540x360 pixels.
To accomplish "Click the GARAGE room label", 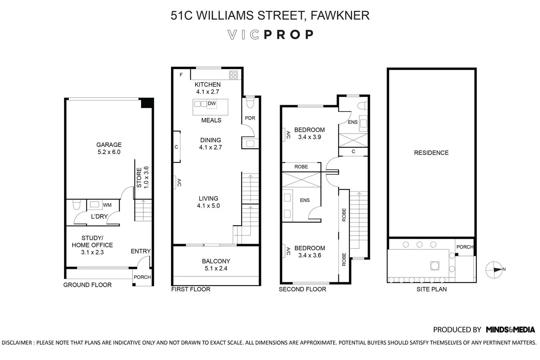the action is pos(109,145).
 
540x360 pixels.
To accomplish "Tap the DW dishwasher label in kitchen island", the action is pos(212,103).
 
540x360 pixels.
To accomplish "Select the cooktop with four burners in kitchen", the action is pos(233,75).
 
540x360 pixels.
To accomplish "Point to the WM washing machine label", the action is pos(107,205).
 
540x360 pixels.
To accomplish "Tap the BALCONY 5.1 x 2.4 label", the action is pos(216,265).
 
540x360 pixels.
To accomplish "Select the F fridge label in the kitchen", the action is pos(181,75).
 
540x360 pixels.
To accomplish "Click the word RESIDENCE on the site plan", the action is pos(431,153).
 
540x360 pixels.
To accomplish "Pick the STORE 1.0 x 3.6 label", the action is pos(143,177).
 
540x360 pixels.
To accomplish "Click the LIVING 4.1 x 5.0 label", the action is pos(208,202).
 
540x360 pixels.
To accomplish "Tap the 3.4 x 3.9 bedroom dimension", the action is pos(310,137).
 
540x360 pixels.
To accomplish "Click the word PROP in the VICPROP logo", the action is pos(289,35).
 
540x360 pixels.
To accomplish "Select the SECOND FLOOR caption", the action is pos(302,289).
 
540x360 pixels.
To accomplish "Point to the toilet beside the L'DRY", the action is pos(76,204).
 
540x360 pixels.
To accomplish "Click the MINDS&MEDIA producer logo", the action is pos(510,330).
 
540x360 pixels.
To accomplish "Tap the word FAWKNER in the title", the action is pos(340,15).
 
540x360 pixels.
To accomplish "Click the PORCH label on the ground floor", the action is pos(142,277).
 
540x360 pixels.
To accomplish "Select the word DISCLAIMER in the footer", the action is pos(17,343).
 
